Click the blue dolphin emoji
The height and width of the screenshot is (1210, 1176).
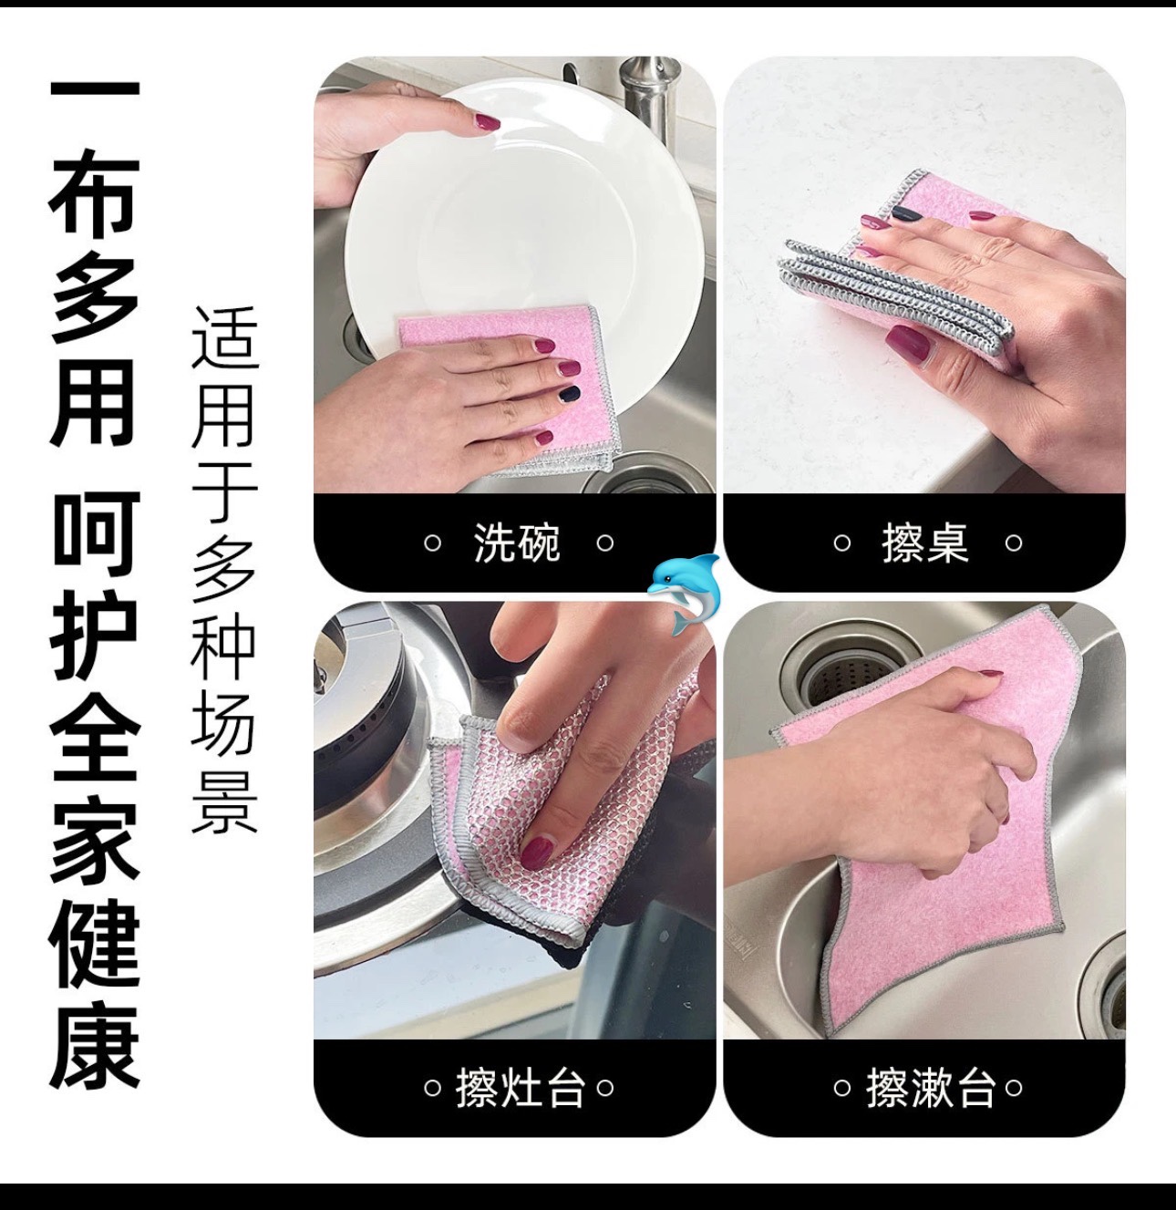[x=684, y=594]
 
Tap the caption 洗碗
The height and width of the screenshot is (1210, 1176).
[x=517, y=543]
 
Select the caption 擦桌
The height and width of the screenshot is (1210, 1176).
[x=925, y=543]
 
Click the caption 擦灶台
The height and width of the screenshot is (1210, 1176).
[x=519, y=1088]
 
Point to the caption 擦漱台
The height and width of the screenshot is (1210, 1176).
[x=930, y=1088]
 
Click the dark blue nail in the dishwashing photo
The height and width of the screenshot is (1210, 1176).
[x=570, y=394]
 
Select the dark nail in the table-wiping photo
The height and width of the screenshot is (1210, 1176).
[x=906, y=214]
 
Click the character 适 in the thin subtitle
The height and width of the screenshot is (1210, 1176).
[x=223, y=337]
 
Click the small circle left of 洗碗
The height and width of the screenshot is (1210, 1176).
[x=432, y=543]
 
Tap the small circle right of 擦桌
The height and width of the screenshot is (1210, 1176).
[x=1014, y=543]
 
